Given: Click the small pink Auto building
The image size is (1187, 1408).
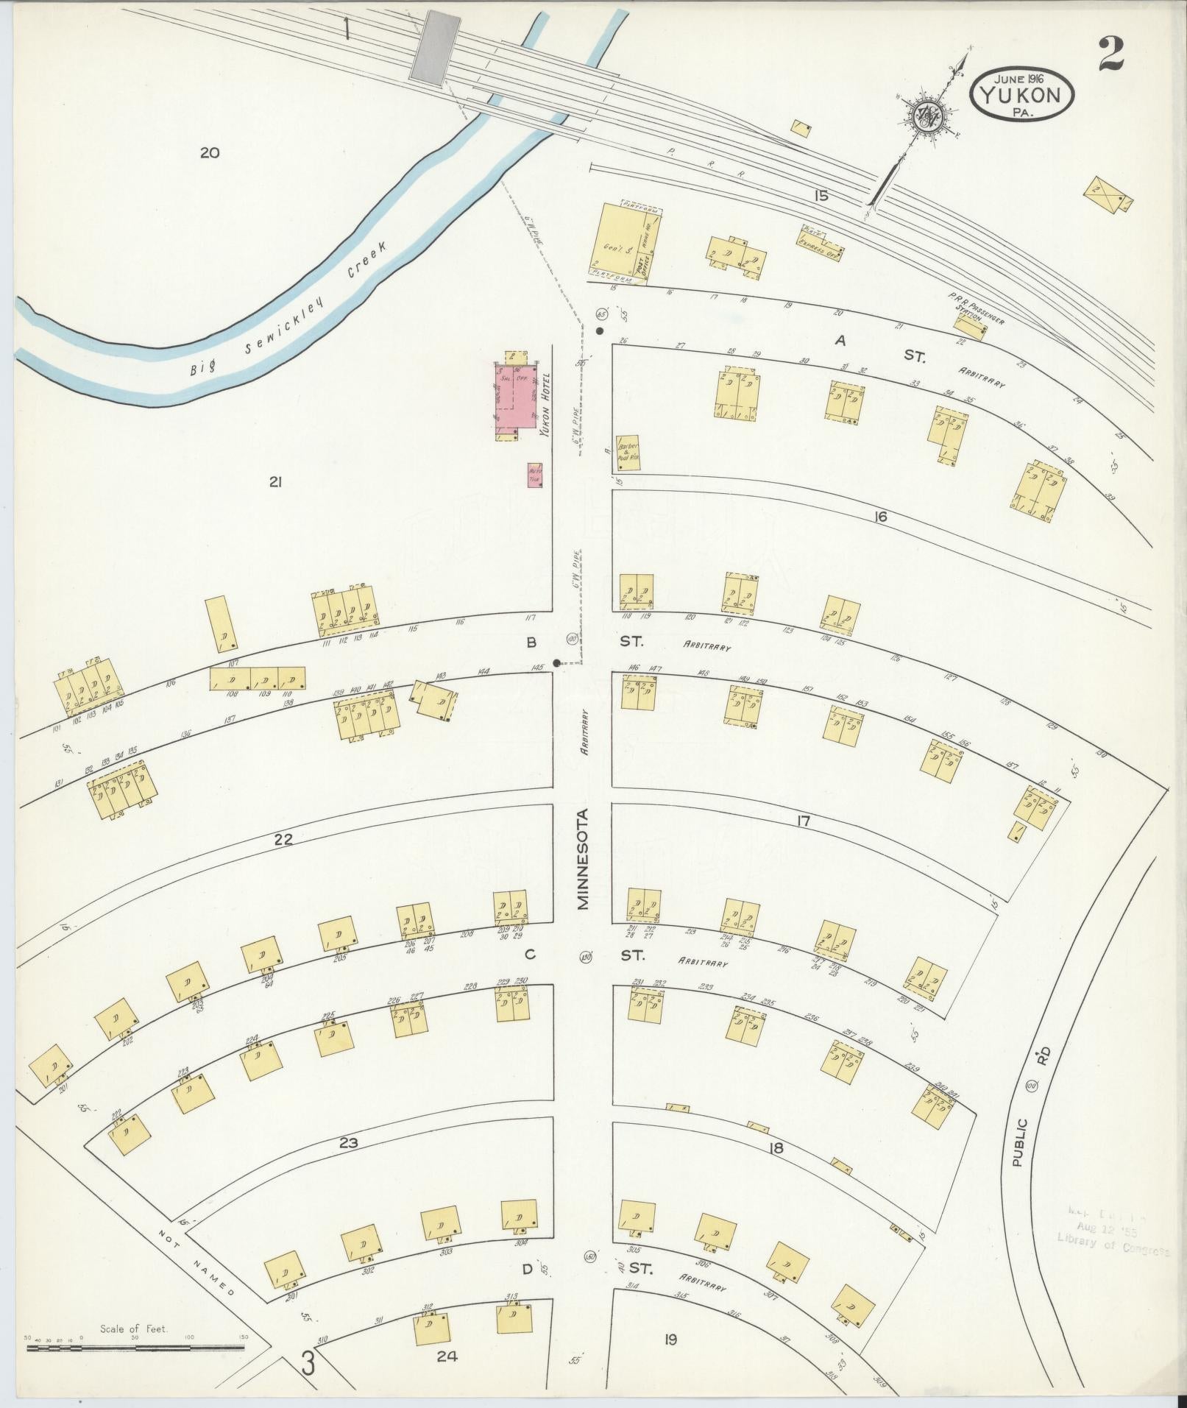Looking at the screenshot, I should (535, 475).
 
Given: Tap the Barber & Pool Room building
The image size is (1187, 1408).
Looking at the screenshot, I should (628, 452).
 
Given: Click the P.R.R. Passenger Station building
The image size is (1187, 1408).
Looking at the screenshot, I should (970, 326).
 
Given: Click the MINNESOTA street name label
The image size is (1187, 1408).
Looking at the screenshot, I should (584, 860).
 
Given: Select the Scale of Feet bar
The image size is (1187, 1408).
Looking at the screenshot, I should (135, 1348).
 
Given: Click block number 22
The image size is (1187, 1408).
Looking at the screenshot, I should (284, 839).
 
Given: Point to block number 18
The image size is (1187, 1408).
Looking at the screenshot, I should (775, 1148).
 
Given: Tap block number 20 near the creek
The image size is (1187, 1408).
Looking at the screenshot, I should (210, 153).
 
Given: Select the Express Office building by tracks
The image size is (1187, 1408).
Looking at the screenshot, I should (822, 241).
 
